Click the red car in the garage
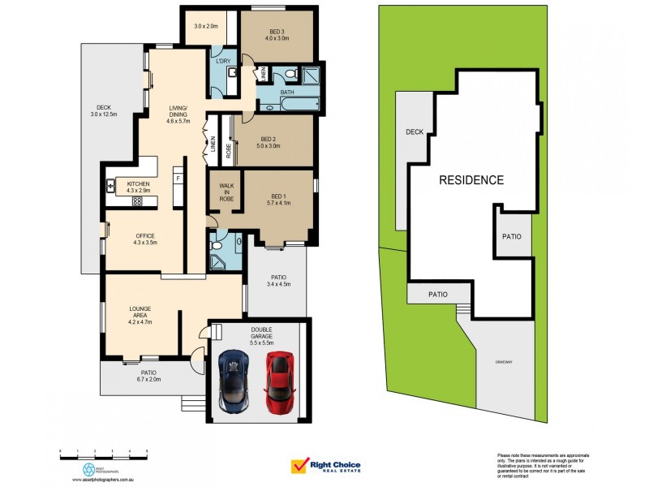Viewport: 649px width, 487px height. click(278, 381)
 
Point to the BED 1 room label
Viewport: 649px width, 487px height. click(278, 196)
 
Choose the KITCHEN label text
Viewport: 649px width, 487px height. click(138, 184)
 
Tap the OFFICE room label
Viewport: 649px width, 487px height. click(144, 235)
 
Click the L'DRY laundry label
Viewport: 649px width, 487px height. click(222, 60)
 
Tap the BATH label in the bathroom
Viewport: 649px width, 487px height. click(287, 93)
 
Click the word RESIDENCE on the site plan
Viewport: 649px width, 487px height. click(471, 180)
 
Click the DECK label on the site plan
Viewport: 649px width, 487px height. click(415, 131)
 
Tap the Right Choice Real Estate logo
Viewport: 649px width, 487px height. click(325, 466)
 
